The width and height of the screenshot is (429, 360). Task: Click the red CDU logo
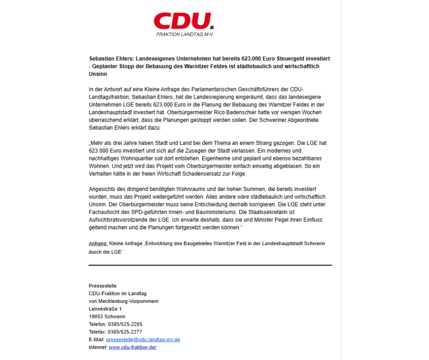pyautogui.click(x=183, y=21)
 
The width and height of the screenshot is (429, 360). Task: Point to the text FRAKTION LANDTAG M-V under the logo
pyautogui.click(x=184, y=35)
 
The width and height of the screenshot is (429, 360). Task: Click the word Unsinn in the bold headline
pyautogui.click(x=98, y=74)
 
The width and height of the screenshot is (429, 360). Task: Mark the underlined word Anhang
pyautogui.click(x=98, y=244)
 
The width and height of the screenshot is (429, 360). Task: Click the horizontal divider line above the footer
pyautogui.click(x=210, y=265)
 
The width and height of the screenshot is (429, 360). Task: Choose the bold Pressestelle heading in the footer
pyautogui.click(x=103, y=286)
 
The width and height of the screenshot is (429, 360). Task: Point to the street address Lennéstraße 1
pyautogui.click(x=105, y=309)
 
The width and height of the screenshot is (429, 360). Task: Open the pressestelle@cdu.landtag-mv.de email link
pyautogui.click(x=143, y=340)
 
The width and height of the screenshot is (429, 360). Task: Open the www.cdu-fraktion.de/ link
pyautogui.click(x=132, y=348)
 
